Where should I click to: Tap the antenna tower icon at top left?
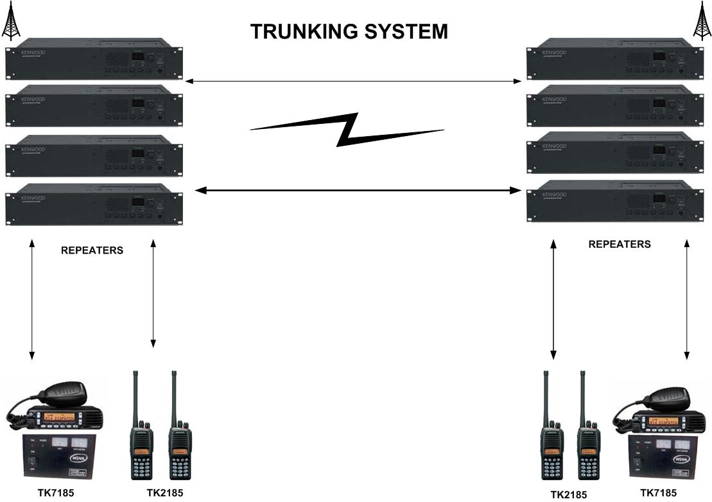point(11,22)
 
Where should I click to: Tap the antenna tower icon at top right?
point(702,22)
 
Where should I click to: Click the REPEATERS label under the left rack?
point(92,250)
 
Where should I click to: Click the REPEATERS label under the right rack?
point(619,244)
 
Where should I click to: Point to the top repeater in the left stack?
point(93,63)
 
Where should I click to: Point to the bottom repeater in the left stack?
point(93,203)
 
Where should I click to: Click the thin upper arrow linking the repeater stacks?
point(353,82)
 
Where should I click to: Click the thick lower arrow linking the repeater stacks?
point(357,191)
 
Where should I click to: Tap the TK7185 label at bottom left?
point(55,493)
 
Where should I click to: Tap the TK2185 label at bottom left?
point(164,493)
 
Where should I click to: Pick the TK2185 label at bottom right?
point(568,494)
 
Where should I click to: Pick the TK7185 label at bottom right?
point(658,493)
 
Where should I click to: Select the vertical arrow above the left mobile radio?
point(31,300)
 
